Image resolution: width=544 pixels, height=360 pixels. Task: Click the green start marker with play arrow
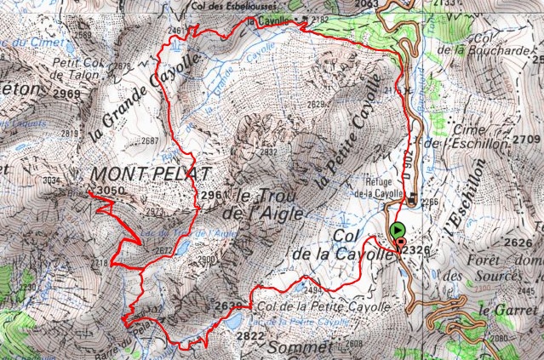point(397,230)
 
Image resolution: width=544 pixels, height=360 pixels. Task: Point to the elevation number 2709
point(527,138)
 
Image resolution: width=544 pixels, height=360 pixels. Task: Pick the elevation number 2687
point(151,141)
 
